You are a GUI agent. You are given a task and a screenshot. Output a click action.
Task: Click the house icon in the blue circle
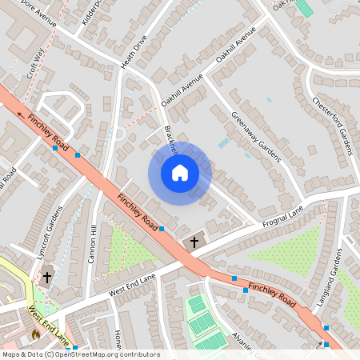tap(179, 173)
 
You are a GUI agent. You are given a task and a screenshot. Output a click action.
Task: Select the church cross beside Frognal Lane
tap(194, 241)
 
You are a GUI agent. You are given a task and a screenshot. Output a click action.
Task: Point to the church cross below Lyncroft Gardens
tap(46, 277)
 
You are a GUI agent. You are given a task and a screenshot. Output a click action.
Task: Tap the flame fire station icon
tap(35, 334)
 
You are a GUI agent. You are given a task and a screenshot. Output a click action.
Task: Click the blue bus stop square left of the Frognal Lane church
tap(162, 229)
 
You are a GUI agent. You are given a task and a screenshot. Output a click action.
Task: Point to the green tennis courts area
tap(205, 323)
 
